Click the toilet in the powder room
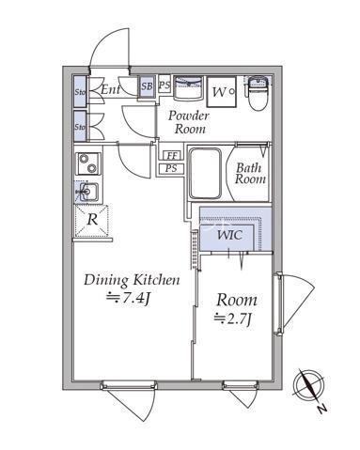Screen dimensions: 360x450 [258, 93]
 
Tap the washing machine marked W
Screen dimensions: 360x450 [221, 92]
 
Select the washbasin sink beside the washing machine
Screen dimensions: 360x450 [188, 87]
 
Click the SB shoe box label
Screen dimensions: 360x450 [147, 86]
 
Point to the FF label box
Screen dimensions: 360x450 [172, 156]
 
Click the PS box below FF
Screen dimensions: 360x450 [171, 169]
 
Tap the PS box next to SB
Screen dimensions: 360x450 [164, 85]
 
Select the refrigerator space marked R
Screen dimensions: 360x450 [91, 220]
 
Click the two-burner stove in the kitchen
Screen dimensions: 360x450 [88, 163]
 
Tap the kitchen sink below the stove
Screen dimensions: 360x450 [86, 192]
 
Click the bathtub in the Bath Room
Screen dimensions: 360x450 [206, 174]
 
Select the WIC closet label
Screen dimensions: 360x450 [229, 235]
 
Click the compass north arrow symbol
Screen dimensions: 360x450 [308, 386]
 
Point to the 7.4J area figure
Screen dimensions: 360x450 [129, 298]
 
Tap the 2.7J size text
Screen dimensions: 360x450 [233, 319]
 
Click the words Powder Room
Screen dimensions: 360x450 [189, 122]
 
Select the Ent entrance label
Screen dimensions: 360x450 [110, 90]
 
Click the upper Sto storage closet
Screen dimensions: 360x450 [80, 91]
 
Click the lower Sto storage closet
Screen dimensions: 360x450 [80, 126]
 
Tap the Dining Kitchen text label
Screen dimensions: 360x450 [132, 280]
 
